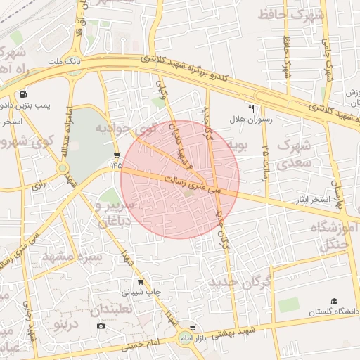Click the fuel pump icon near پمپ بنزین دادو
point(25,94)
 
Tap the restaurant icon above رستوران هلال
point(251,108)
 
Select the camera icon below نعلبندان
point(101,326)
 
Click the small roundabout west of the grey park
point(62,168)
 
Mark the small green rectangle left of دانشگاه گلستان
point(288,305)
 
